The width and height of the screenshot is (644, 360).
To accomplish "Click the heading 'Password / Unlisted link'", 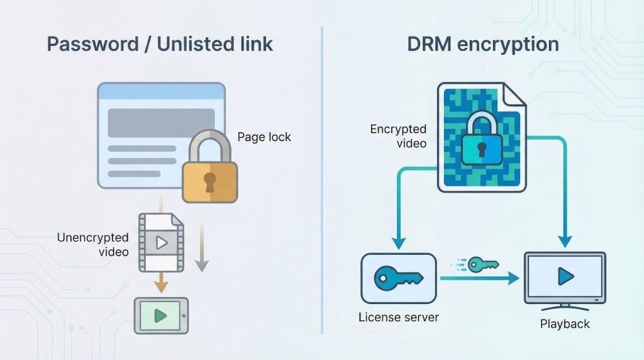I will (x=160, y=45).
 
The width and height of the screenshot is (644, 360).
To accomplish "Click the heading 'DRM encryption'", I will (x=484, y=45).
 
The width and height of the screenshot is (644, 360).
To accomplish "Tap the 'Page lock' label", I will (x=264, y=137).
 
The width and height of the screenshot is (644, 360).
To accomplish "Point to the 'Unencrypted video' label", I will (x=93, y=245).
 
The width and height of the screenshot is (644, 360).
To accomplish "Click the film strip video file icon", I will (x=161, y=242).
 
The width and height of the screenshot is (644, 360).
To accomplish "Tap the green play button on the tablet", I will (x=160, y=315).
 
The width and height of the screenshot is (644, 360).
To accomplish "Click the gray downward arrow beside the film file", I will (x=201, y=264).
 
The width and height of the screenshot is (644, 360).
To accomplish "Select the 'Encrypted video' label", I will (x=398, y=136).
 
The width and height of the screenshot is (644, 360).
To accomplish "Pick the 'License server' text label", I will (x=399, y=317).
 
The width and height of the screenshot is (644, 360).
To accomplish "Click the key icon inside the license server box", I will (x=398, y=277).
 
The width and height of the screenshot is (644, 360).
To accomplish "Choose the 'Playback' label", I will (x=565, y=324).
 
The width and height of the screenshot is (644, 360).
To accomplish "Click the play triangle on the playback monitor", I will (x=565, y=275).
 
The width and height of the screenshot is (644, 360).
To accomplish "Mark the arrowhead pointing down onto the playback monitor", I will (x=565, y=240).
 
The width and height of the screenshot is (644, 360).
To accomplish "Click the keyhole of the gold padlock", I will (x=209, y=181).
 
